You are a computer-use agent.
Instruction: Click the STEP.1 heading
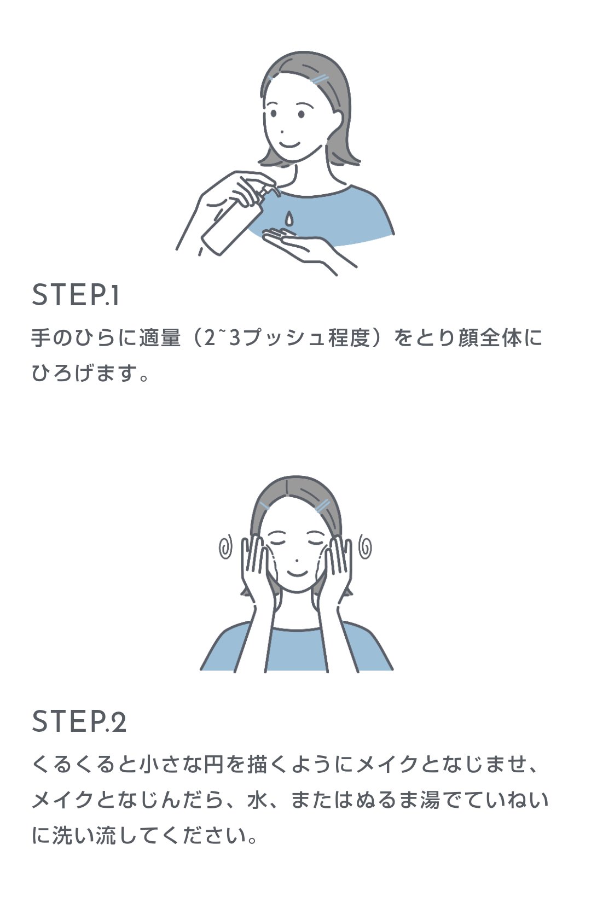click(x=75, y=295)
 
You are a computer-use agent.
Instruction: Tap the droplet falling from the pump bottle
click(x=289, y=218)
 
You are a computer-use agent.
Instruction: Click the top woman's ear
click(x=335, y=120)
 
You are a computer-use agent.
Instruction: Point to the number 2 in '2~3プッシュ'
click(x=210, y=338)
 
